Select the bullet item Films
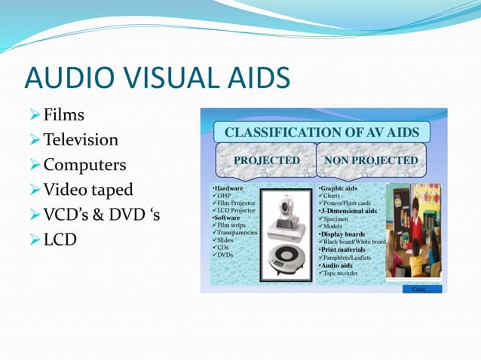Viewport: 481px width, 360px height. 63,115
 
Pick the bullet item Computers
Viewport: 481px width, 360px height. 84,165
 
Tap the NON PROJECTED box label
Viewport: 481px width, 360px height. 370,160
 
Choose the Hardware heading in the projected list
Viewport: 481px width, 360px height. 228,187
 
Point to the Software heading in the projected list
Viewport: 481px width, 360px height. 227,218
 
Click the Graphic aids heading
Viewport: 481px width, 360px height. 339,187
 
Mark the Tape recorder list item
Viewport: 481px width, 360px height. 345,273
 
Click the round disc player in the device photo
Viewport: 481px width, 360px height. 288,255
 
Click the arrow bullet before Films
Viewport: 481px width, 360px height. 33,115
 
